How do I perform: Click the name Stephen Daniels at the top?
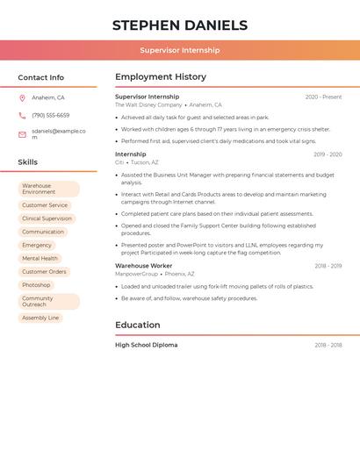coord(180,25)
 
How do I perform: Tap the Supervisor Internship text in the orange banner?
coord(180,50)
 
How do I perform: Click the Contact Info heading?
coord(40,77)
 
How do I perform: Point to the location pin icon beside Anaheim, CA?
coord(22,97)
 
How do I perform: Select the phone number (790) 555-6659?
coord(50,115)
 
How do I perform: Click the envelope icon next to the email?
coord(22,134)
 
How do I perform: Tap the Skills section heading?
coord(28,162)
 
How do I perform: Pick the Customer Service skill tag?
coord(45,205)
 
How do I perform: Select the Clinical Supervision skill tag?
coord(47,218)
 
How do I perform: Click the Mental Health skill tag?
coord(40,259)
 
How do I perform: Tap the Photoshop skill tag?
coord(36,285)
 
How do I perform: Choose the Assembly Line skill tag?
coord(40,318)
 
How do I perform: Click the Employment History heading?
coord(161,77)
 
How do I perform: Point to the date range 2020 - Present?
coord(323,97)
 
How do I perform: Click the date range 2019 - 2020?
coord(328,154)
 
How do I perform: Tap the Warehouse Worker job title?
coord(144,266)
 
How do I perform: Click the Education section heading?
coord(137,325)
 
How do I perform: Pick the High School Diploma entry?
coord(146,345)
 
